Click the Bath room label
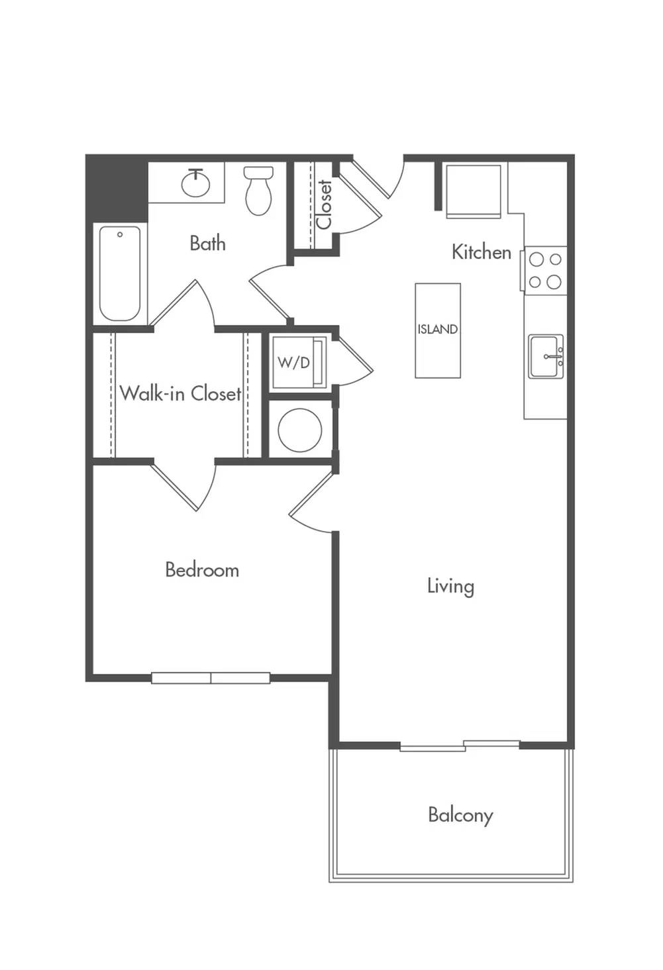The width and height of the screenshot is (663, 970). [x=207, y=243]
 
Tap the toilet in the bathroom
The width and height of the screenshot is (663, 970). [x=258, y=191]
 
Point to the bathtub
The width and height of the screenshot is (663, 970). [x=120, y=273]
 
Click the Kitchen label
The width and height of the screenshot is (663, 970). [x=481, y=252]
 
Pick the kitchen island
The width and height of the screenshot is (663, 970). [x=437, y=330]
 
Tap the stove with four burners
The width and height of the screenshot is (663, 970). [x=545, y=271]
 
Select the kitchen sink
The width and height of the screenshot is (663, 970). [x=546, y=356]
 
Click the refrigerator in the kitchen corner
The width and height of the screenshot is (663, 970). [x=474, y=191]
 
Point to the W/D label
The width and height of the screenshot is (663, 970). [x=293, y=362]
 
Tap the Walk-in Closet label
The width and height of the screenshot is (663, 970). [x=180, y=393]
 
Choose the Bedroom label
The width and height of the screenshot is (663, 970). [x=202, y=569]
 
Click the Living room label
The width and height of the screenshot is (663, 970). [x=450, y=587]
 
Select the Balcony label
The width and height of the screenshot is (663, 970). [x=460, y=816]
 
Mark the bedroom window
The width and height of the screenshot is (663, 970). [x=211, y=678]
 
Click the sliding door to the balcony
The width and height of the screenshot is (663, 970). [x=460, y=746]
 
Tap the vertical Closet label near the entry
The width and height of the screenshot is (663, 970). [x=324, y=205]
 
